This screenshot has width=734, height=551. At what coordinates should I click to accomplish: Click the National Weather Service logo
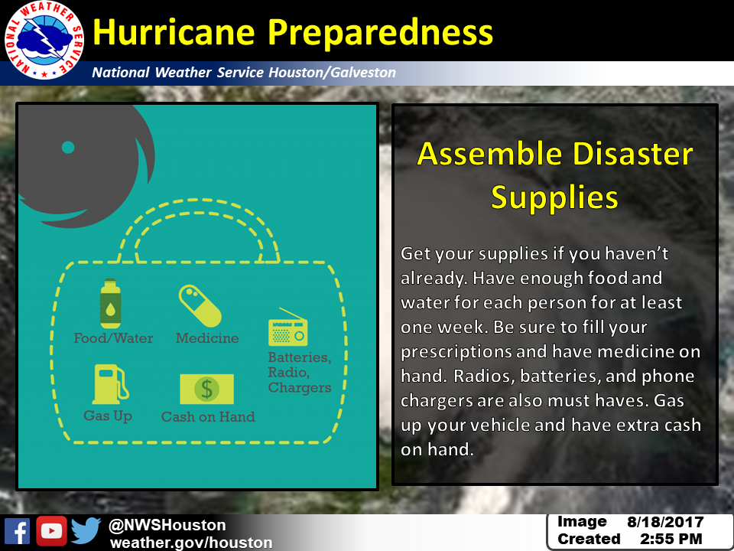click(x=44, y=41)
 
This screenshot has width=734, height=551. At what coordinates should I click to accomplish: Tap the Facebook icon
click(x=18, y=531)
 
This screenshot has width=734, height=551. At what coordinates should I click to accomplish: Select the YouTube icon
click(x=51, y=531)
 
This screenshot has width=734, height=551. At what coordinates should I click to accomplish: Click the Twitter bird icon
click(x=86, y=530)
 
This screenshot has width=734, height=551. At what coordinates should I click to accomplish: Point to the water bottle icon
click(x=110, y=303)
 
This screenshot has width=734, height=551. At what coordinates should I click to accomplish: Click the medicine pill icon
click(x=200, y=305)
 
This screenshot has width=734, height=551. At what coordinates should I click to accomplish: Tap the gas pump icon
click(x=110, y=384)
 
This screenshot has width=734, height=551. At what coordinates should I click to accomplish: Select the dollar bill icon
click(x=207, y=389)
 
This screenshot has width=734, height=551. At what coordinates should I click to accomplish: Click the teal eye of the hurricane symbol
click(x=68, y=147)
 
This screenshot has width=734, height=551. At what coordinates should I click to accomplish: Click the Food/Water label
click(x=113, y=338)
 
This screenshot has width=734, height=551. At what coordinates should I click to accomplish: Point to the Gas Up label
click(x=108, y=416)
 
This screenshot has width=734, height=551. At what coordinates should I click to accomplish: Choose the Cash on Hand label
click(x=208, y=416)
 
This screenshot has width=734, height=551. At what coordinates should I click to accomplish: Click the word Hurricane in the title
click(x=174, y=32)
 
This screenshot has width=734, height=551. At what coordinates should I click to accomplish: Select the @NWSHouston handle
click(x=167, y=525)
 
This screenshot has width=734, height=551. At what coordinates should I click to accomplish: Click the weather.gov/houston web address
click(x=191, y=543)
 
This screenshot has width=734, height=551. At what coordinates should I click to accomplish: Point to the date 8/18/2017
click(x=665, y=522)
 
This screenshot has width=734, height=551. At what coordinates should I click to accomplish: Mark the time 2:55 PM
click(x=671, y=539)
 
